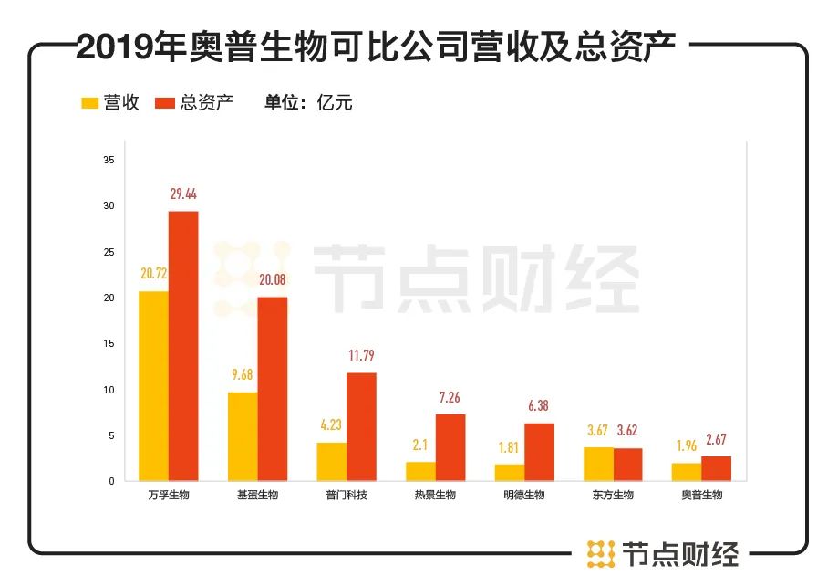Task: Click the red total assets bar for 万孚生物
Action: [183, 345]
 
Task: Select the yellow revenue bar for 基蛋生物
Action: [243, 435]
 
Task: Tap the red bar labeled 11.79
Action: [361, 426]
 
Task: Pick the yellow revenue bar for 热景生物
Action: [420, 471]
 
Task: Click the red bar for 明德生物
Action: [539, 452]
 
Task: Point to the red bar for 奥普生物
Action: [716, 468]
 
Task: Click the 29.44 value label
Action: [184, 194]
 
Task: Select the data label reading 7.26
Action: [450, 398]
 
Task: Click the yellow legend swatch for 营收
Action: [90, 103]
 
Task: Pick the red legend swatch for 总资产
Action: [165, 103]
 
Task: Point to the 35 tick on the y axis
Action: [109, 161]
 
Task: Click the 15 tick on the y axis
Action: [109, 344]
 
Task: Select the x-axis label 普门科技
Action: [346, 495]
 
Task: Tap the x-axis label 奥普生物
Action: [701, 495]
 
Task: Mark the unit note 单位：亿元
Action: [308, 102]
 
